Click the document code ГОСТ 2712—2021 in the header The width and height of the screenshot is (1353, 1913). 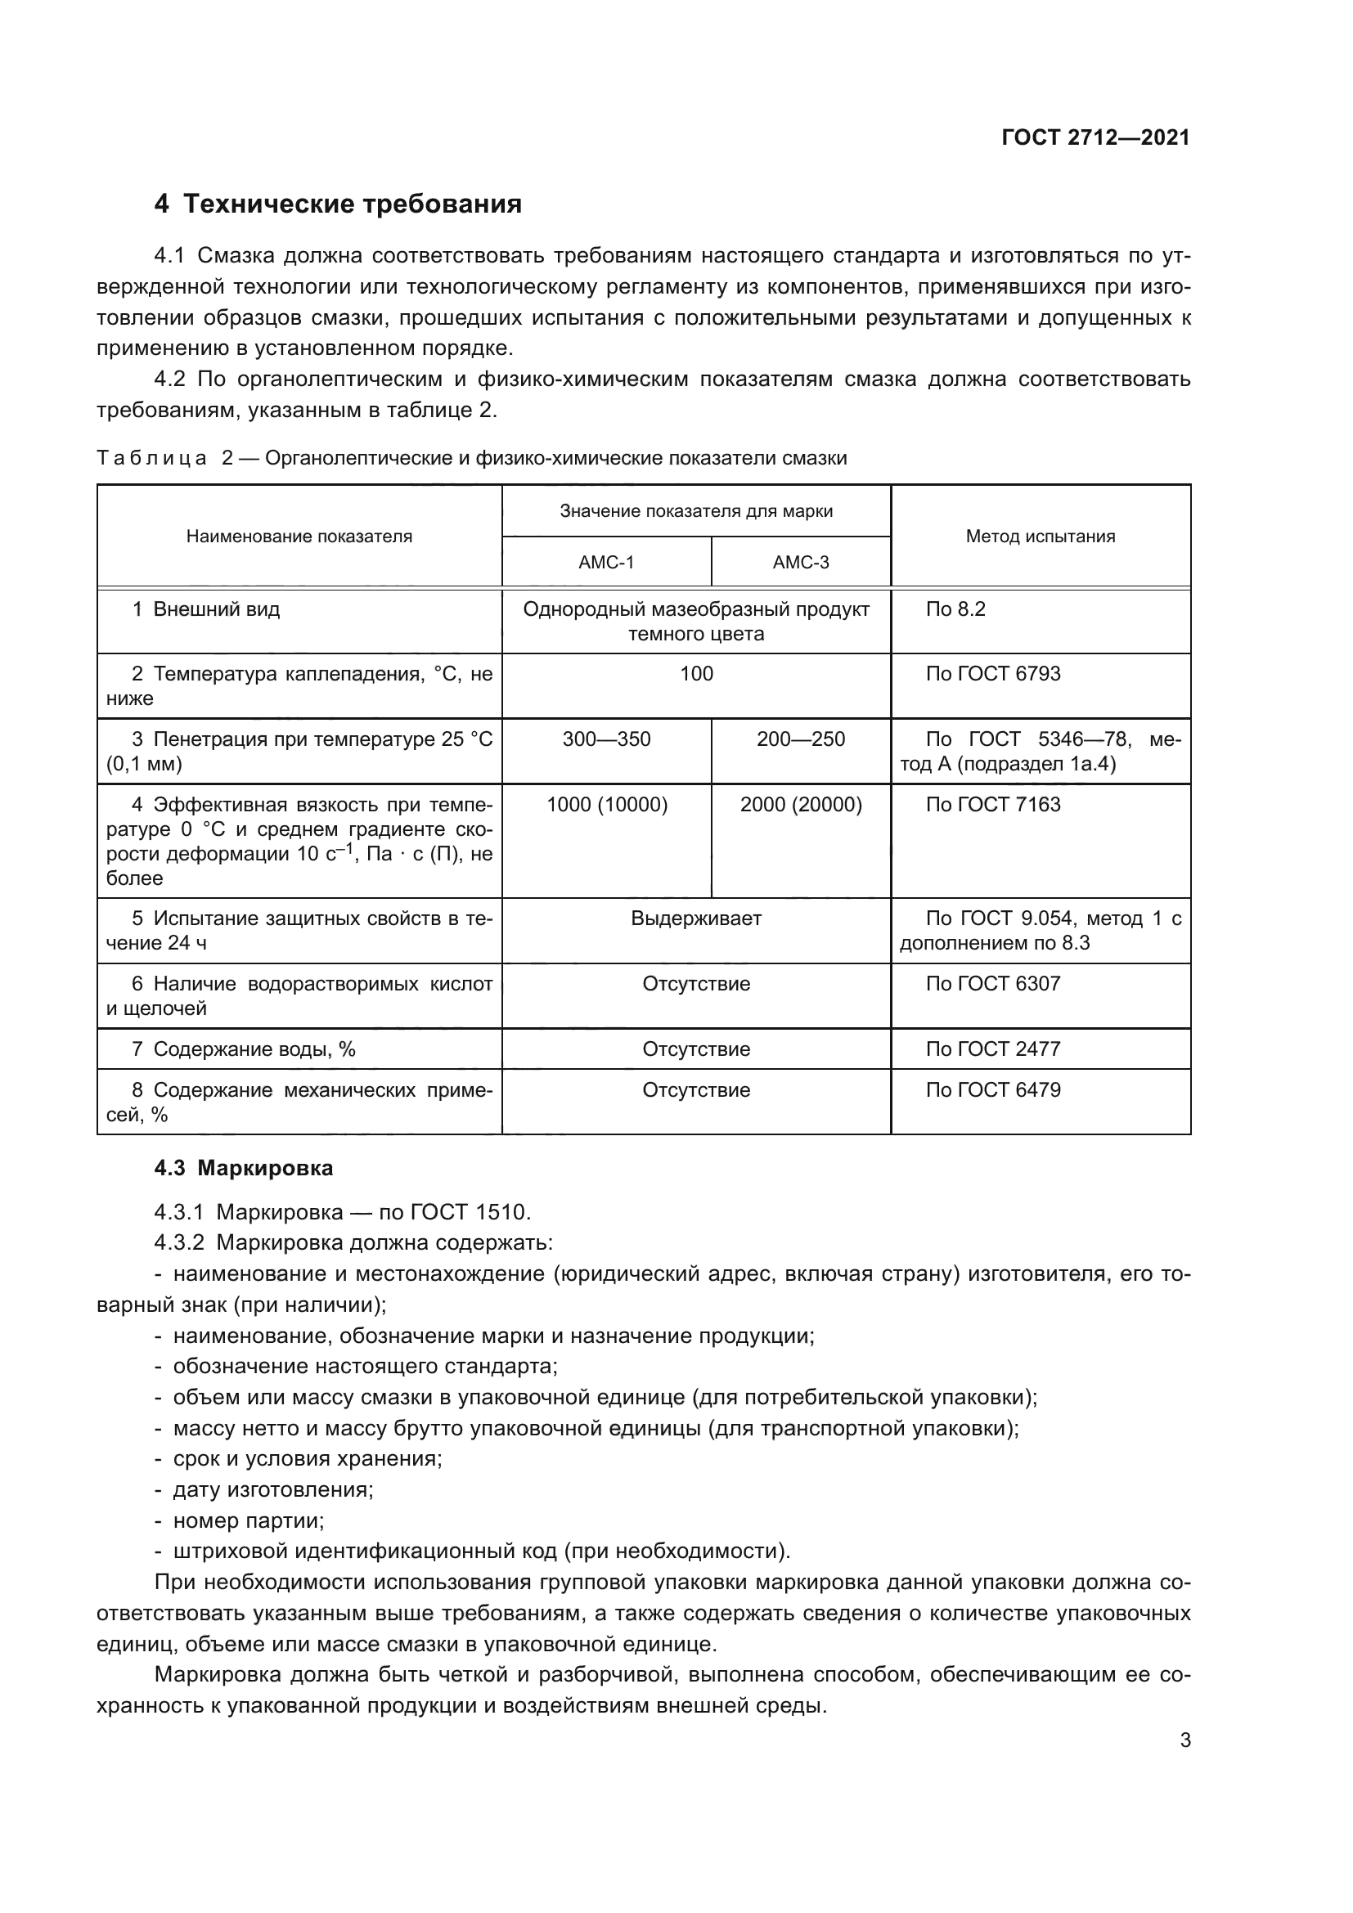[1095, 137]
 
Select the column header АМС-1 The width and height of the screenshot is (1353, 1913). [606, 563]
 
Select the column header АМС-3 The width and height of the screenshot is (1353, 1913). [801, 563]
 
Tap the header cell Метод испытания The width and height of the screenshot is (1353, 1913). [1040, 537]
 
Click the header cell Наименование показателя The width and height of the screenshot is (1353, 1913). [299, 537]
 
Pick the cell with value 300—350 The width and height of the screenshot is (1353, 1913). [606, 739]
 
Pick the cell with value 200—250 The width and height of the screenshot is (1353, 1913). [801, 739]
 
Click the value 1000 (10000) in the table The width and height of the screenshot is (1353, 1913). [606, 805]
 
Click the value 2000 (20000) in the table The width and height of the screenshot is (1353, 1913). [801, 805]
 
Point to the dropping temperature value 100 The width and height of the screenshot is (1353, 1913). [695, 674]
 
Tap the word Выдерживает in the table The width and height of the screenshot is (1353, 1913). [695, 919]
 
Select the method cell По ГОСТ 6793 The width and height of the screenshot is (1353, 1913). [992, 674]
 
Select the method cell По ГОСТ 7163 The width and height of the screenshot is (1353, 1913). [992, 805]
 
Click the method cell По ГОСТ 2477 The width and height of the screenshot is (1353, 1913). [992, 1050]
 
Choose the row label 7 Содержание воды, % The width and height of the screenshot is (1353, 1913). [243, 1050]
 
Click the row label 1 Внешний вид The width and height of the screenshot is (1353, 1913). [206, 610]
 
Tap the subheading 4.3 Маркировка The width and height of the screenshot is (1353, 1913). [243, 1169]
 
